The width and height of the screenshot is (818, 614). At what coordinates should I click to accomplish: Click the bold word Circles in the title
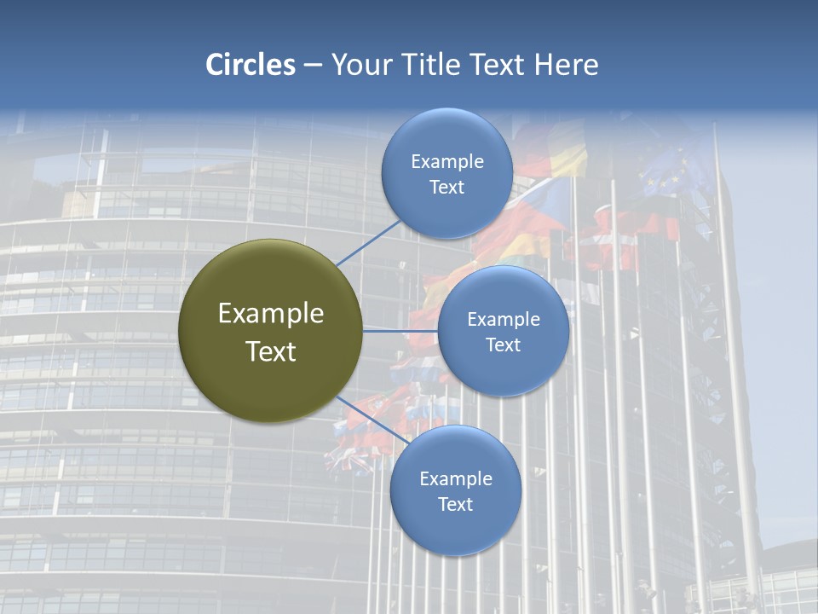250,65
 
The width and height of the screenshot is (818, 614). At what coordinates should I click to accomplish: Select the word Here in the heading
566,65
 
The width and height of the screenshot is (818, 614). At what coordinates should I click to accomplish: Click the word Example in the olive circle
271,314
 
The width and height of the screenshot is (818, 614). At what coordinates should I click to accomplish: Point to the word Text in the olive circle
271,351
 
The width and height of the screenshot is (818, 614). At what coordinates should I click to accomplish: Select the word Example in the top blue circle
447,162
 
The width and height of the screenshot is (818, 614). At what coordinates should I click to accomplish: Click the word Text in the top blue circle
446,188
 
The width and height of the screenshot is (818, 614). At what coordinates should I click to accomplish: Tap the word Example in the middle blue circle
504,320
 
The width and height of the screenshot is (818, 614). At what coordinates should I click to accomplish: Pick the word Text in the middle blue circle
503,345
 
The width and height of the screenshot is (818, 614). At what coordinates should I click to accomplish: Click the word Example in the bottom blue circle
456,479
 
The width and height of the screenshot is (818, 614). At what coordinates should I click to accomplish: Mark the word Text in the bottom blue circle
455,505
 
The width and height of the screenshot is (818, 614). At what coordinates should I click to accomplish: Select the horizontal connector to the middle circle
400,330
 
